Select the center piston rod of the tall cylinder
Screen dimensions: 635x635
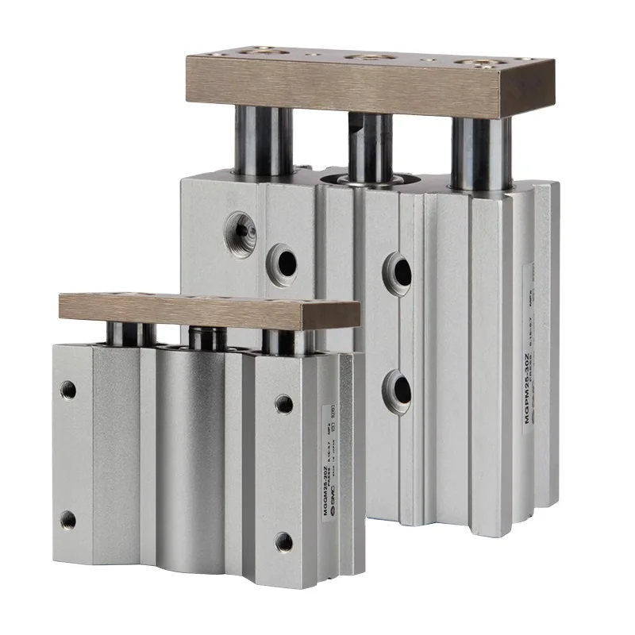tap(371, 148)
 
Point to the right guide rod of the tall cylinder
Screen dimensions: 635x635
tap(481, 154)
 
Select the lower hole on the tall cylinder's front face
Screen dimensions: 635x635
tap(397, 390)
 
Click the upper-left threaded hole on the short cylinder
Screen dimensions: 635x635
tap(69, 390)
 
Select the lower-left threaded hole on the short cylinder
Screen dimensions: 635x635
tap(68, 520)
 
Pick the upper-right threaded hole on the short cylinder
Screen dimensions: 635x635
tap(283, 404)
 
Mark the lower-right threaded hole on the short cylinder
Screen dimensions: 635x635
tap(283, 542)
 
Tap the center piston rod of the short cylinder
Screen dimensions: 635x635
tap(208, 338)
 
